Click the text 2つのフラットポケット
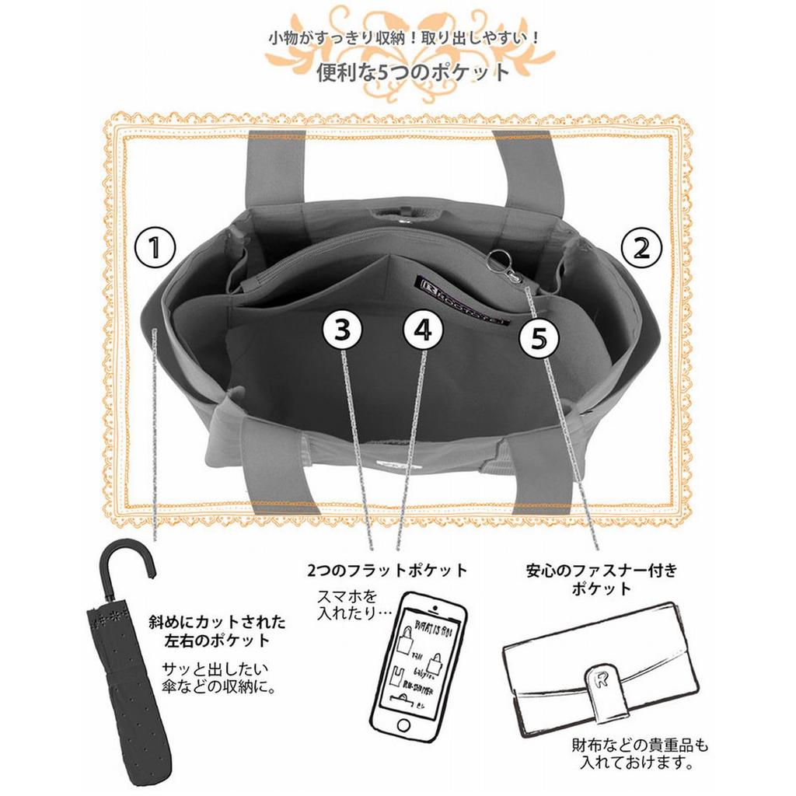[389, 571]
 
